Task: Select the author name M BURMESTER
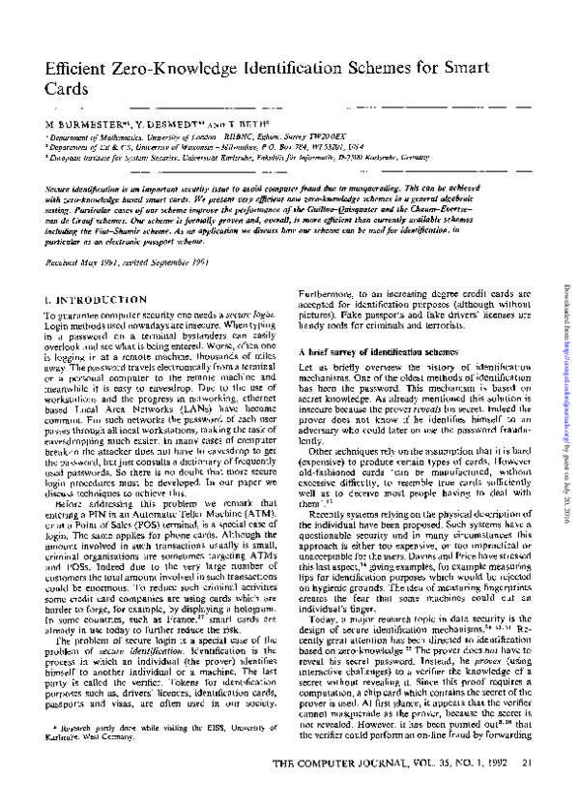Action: click(x=83, y=127)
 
